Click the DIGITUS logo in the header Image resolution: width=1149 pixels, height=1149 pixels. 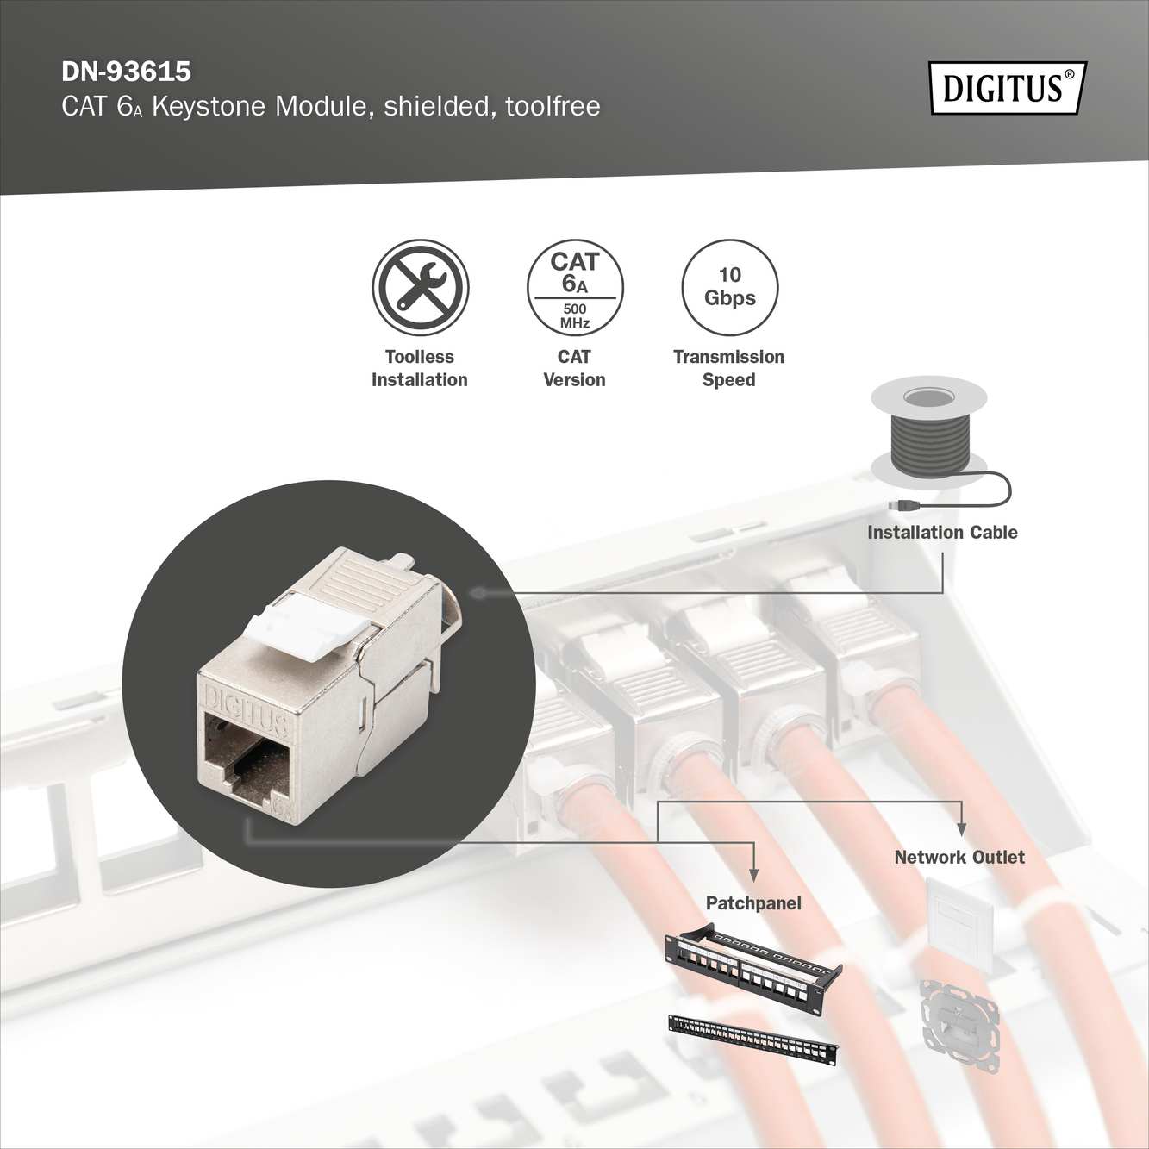point(1007,88)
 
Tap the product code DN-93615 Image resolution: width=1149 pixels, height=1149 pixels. point(126,71)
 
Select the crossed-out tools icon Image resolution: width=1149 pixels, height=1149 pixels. point(420,287)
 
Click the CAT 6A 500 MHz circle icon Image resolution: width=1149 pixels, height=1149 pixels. point(575,288)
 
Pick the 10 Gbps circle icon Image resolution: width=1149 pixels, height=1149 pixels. point(729,287)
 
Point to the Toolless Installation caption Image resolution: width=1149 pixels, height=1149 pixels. point(420,368)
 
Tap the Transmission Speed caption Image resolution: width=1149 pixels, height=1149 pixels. point(728,368)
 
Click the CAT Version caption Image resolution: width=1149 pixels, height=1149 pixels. point(574,368)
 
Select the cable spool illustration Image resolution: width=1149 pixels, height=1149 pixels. point(928,431)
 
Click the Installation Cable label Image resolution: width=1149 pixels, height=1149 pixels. point(942,533)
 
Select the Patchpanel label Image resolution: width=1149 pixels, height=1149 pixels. point(753,903)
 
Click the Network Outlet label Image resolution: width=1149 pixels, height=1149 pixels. point(959,858)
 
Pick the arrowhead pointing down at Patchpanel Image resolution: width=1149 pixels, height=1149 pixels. point(754,875)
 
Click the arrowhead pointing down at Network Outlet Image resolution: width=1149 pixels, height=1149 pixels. point(962,830)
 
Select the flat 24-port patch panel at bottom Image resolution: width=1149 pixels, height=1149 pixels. point(752,1040)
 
